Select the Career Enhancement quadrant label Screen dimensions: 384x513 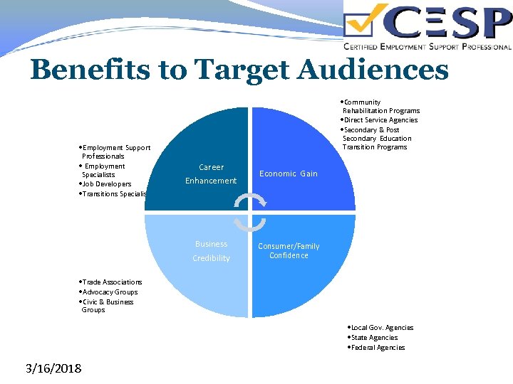click(x=211, y=174)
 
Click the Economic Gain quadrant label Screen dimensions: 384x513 click(x=289, y=174)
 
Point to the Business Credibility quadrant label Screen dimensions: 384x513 click(x=212, y=251)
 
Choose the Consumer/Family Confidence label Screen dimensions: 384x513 click(x=289, y=251)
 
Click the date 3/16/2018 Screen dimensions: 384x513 click(x=53, y=368)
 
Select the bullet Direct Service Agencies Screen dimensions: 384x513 click(x=382, y=119)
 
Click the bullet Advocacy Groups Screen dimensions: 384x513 click(x=110, y=292)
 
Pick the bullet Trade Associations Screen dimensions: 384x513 click(x=113, y=282)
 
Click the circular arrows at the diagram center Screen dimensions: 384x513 click(x=250, y=212)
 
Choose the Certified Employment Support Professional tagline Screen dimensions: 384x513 click(x=427, y=47)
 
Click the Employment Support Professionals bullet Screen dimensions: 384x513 click(x=115, y=151)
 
